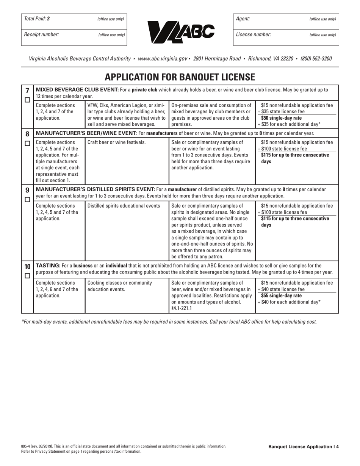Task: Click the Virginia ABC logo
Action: click(x=180, y=31)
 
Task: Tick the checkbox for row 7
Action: click(x=27, y=100)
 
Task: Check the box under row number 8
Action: click(x=27, y=144)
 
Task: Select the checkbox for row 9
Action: click(x=27, y=199)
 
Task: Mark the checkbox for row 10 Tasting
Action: click(x=27, y=276)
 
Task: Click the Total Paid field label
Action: click(x=37, y=19)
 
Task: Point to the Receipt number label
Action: click(x=41, y=34)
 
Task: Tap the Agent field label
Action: click(x=243, y=19)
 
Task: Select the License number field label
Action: click(x=254, y=34)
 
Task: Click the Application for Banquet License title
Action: click(x=180, y=77)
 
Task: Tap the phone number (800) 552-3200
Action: click(x=316, y=59)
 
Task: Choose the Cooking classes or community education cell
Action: click(x=120, y=286)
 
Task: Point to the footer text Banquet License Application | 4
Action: click(x=303, y=447)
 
